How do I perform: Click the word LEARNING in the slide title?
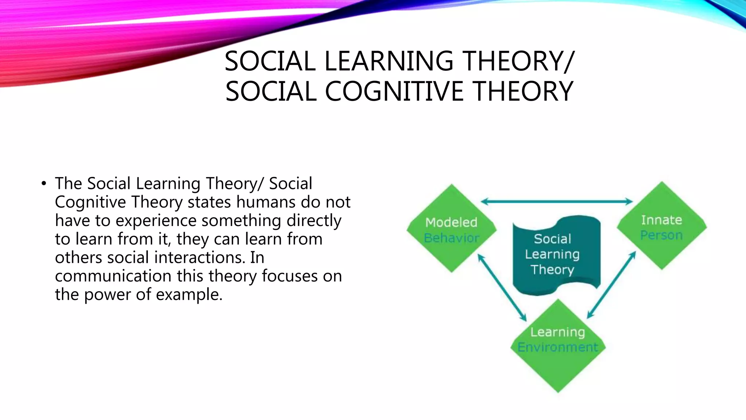(389, 61)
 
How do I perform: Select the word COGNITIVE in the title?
(394, 91)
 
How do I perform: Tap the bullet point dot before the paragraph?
(44, 183)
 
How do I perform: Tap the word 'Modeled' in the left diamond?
(451, 222)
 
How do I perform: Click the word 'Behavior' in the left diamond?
(452, 238)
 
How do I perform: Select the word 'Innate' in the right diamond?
(661, 220)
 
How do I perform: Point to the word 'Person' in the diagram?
(661, 236)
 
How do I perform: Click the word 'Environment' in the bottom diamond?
(558, 347)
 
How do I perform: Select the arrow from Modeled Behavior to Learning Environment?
(502, 288)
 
